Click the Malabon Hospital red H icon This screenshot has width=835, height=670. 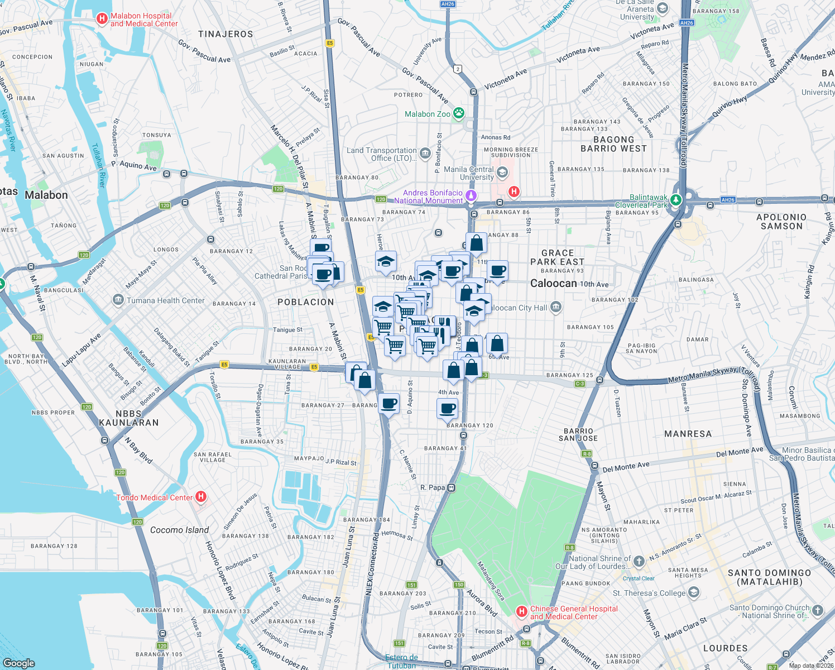click(102, 19)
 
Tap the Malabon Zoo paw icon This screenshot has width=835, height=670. click(459, 113)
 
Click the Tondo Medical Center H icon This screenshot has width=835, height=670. click(201, 496)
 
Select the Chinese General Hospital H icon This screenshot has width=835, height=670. click(522, 611)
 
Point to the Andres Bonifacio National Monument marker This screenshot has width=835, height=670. click(471, 195)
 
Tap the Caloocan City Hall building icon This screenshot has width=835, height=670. click(555, 307)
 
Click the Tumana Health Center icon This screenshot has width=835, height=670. click(118, 300)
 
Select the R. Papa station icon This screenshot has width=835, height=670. click(452, 487)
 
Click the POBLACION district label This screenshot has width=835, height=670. click(305, 302)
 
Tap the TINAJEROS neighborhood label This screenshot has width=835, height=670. click(225, 34)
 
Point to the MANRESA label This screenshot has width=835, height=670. click(688, 434)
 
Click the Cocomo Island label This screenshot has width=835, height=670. click(179, 530)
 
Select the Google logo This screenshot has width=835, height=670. click(19, 663)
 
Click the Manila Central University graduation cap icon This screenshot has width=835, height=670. click(502, 172)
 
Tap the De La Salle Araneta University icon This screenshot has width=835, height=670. click(663, 8)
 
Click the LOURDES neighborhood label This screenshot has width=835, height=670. click(725, 648)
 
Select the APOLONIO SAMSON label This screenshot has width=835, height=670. click(781, 222)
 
